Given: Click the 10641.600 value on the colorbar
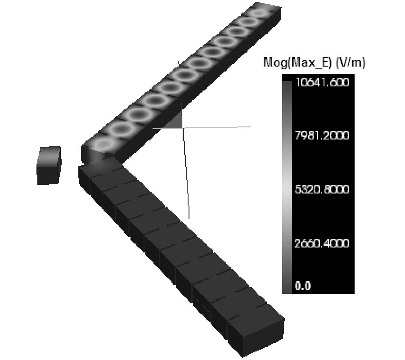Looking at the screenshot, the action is tap(323, 82).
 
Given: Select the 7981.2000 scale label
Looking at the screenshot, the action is tap(322, 135).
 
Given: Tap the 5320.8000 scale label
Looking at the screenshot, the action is tap(322, 189).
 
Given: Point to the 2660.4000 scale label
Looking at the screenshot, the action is tap(322, 243).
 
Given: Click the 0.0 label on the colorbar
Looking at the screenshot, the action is tap(303, 286).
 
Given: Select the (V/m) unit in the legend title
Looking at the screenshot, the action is tap(350, 63).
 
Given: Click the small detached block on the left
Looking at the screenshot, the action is tap(49, 166).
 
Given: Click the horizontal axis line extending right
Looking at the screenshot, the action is tap(217, 127).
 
